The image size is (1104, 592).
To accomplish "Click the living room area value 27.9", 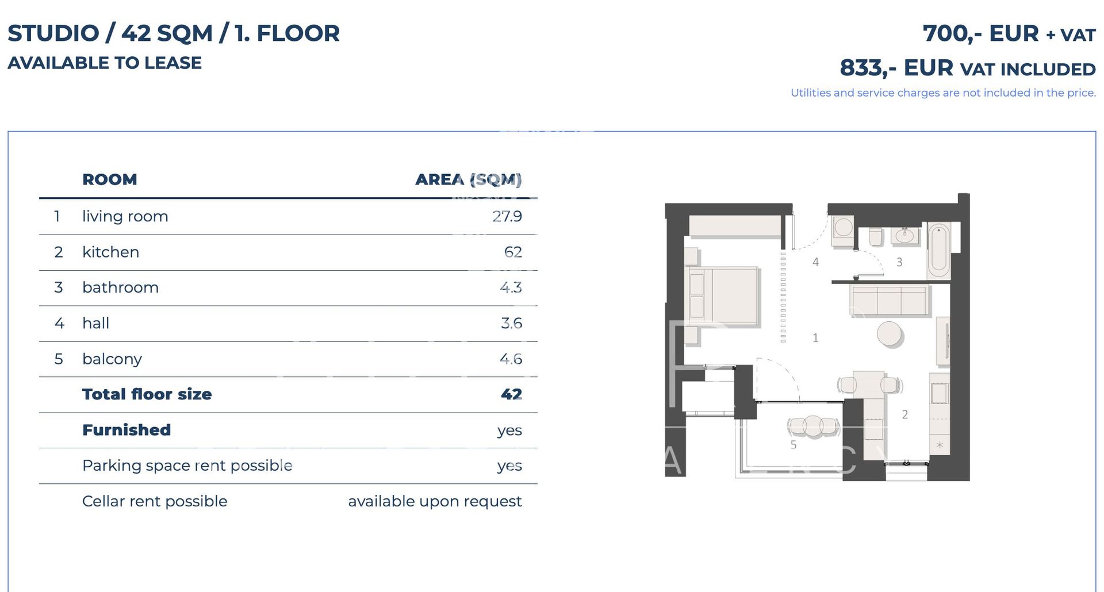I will (x=507, y=217).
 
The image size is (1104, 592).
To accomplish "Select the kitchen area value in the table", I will (x=513, y=252).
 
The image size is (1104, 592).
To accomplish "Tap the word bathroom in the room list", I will (x=120, y=287).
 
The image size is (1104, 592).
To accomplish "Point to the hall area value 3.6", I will (x=511, y=324).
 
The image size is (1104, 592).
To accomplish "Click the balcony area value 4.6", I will (x=511, y=359).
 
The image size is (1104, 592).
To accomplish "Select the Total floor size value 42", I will (x=511, y=394).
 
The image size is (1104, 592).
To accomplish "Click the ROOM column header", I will (x=109, y=179).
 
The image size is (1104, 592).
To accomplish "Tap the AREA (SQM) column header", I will (x=468, y=179).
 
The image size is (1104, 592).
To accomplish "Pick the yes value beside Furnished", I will (x=509, y=430).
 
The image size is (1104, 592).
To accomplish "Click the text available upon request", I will (x=435, y=501).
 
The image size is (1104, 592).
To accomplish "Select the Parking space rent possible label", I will (x=187, y=466).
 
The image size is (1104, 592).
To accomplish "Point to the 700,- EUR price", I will (x=980, y=33).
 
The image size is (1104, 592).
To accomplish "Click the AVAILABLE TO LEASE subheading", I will (x=105, y=63).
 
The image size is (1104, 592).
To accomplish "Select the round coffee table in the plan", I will (x=890, y=334).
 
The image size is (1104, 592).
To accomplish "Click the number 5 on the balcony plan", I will (x=793, y=445).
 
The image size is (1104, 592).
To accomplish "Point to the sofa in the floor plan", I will (x=889, y=300).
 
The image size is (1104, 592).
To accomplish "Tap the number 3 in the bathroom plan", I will (x=899, y=262).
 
